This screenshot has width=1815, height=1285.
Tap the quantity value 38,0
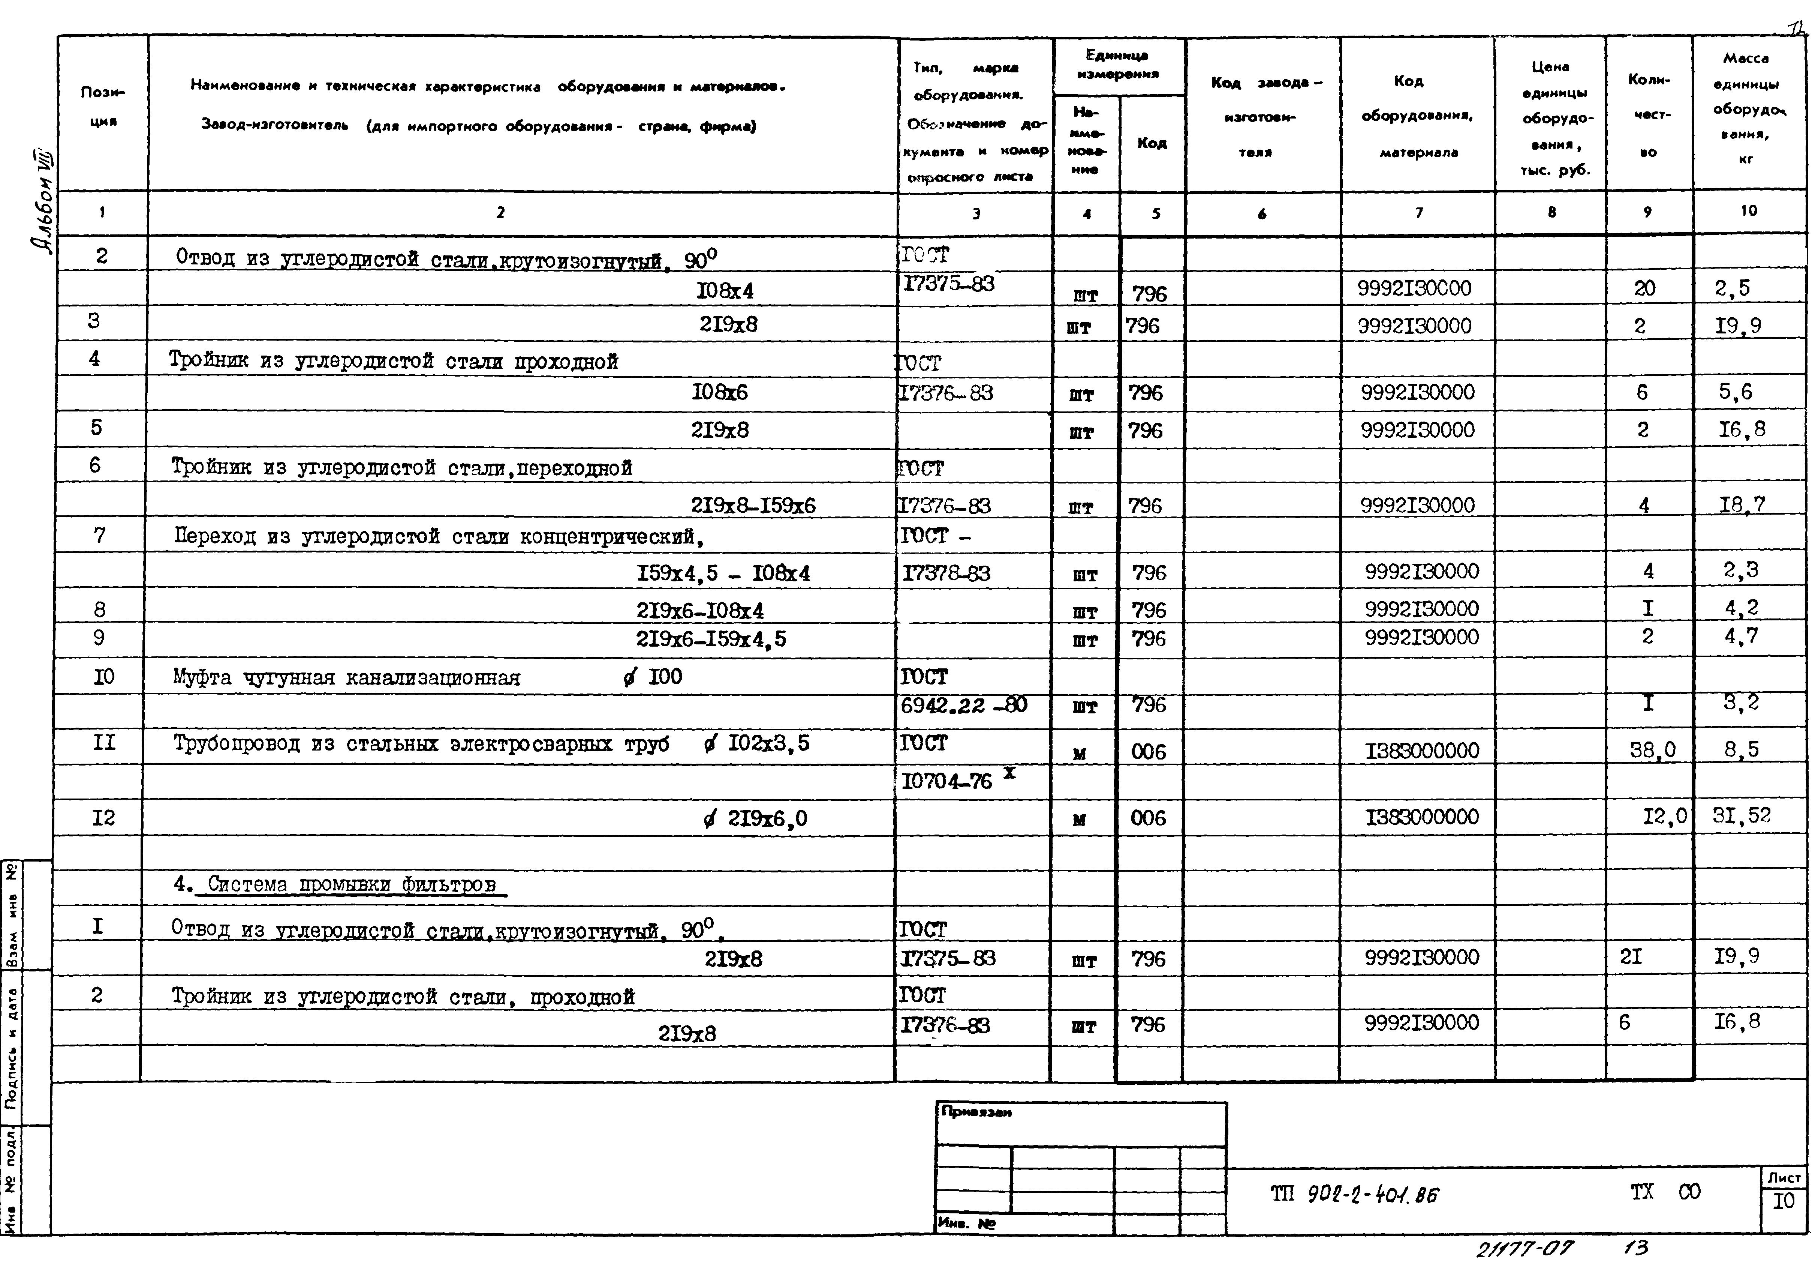coord(1652,749)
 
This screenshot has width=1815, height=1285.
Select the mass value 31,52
coord(1742,816)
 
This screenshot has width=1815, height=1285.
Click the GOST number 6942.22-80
coord(963,704)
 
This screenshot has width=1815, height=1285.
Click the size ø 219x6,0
coord(755,818)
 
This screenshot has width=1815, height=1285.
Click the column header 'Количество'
coord(1648,115)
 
